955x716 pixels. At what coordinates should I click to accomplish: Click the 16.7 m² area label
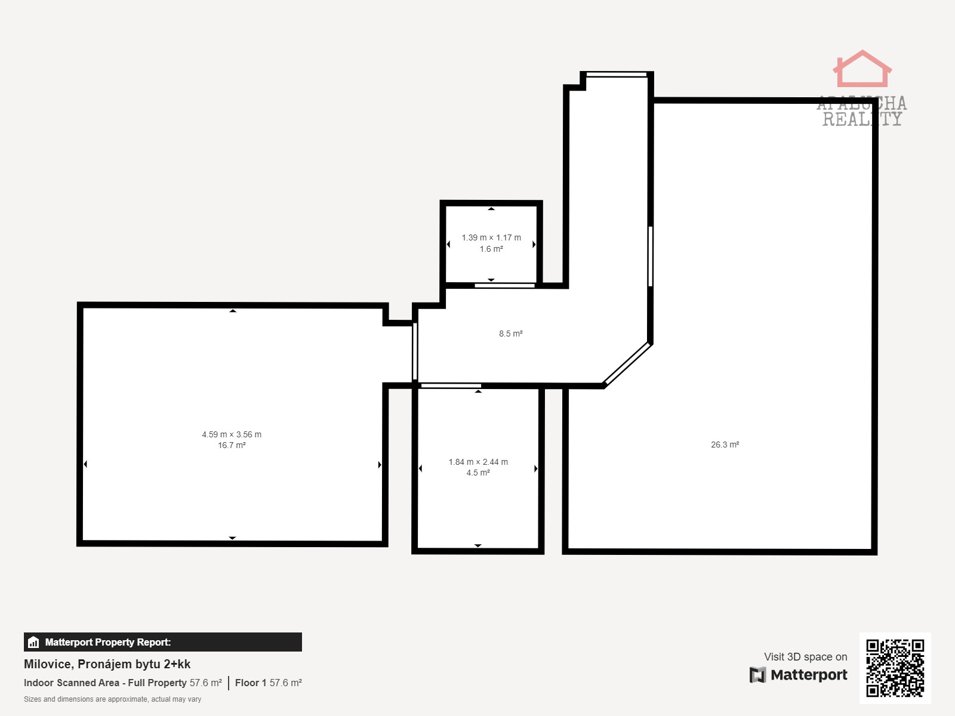tap(232, 445)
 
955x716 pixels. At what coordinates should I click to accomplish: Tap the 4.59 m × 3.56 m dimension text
tap(232, 434)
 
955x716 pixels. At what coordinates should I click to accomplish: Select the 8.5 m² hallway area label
tap(510, 334)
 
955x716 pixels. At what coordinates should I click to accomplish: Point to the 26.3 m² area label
tap(725, 445)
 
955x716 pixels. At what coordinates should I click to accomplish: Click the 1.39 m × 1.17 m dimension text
tap(491, 237)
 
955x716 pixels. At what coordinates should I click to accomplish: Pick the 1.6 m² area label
tap(491, 249)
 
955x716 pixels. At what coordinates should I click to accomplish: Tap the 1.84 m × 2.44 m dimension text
tap(478, 462)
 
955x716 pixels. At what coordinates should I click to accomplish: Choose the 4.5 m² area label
tap(478, 473)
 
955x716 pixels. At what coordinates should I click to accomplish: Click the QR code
tap(895, 668)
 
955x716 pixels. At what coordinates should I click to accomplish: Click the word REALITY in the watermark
tap(862, 119)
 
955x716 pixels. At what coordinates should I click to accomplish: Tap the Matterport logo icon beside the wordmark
tap(757, 675)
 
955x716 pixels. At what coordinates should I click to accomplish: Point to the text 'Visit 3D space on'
tap(805, 657)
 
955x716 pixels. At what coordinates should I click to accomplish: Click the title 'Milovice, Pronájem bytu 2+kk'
tap(107, 664)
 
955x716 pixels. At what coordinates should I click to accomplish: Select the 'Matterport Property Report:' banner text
tap(108, 642)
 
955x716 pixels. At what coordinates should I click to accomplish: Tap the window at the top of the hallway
tap(617, 75)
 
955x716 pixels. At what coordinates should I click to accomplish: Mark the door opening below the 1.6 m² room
tap(505, 286)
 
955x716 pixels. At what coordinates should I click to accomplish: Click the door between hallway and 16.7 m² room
tap(415, 351)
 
